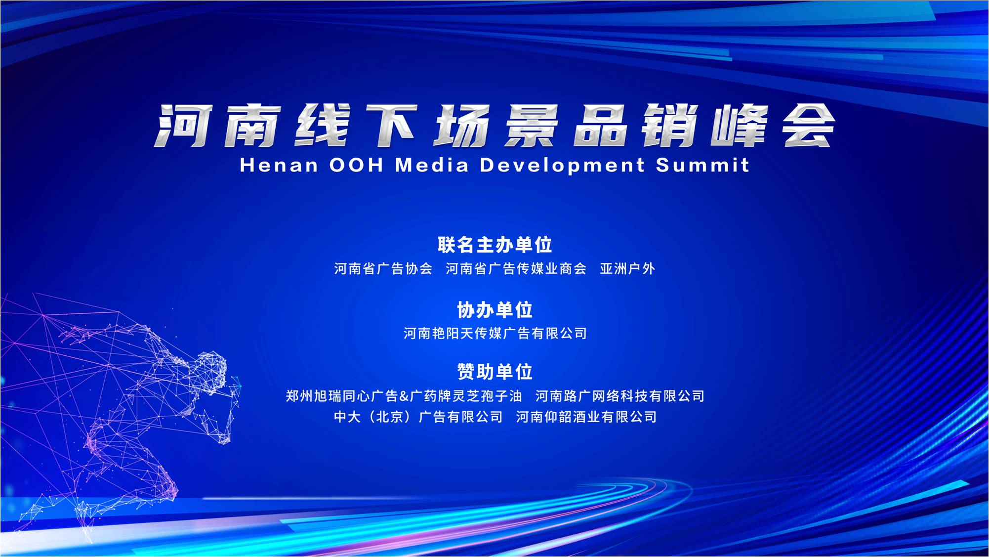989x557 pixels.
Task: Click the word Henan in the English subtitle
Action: point(279,165)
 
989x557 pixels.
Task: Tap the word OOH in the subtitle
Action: point(356,165)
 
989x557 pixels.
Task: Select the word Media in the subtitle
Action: point(432,165)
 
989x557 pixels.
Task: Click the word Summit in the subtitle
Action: point(702,165)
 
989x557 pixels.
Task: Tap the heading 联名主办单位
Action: point(494,245)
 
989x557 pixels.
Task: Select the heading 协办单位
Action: point(494,310)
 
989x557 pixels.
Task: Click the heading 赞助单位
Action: point(494,371)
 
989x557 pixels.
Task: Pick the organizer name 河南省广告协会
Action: point(383,268)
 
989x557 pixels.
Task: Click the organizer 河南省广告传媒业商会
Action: point(516,268)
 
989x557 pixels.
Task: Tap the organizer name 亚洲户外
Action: point(627,268)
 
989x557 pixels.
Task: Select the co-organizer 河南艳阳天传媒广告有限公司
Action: point(495,333)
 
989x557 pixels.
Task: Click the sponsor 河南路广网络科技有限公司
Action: point(620,396)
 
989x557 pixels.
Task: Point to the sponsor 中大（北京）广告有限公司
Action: point(418,417)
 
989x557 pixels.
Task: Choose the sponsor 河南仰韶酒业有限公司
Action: point(586,417)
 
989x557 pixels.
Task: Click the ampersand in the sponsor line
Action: point(404,396)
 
